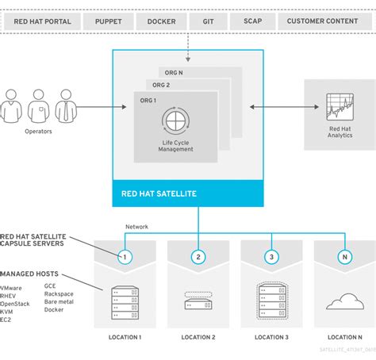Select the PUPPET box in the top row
[108, 21]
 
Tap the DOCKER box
[162, 21]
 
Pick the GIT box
[208, 21]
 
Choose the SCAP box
[254, 21]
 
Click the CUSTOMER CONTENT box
[323, 21]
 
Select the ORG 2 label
[161, 84]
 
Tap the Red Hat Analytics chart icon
[339, 108]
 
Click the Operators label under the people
[38, 132]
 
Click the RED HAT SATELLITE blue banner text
[159, 193]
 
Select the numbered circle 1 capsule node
[124, 257]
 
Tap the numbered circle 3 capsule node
[272, 257]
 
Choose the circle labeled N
[345, 257]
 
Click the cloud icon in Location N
[345, 301]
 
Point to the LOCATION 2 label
[198, 337]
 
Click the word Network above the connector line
[137, 227]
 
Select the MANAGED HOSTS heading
[33, 274]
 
